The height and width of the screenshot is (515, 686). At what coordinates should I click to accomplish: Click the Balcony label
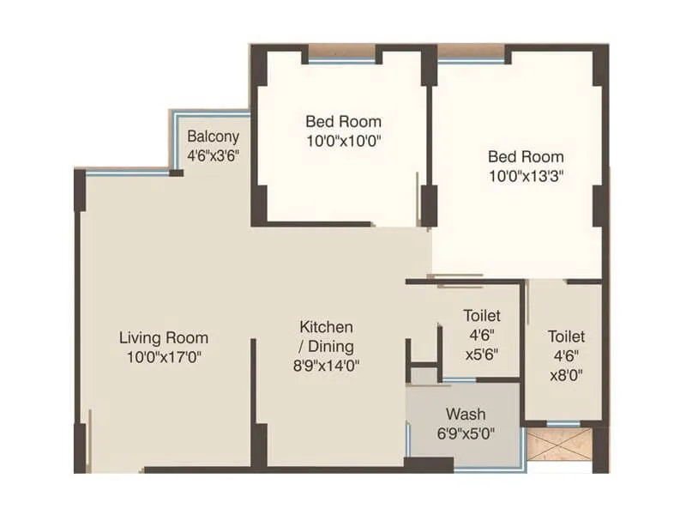click(214, 136)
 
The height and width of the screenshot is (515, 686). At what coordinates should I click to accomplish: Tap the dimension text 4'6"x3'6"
click(214, 155)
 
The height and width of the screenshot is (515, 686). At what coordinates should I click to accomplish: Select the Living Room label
click(164, 337)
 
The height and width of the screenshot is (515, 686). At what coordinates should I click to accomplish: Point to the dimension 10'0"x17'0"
click(164, 356)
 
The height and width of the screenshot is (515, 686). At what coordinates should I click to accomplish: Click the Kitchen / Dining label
click(326, 336)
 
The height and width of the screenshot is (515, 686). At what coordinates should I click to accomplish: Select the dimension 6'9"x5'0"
click(466, 433)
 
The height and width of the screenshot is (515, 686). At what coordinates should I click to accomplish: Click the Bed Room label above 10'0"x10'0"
click(343, 121)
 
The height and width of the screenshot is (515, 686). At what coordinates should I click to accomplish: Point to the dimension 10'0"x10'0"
click(343, 140)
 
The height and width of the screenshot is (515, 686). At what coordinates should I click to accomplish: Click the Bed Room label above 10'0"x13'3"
click(526, 156)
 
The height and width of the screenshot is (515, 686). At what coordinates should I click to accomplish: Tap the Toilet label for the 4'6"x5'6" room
click(481, 317)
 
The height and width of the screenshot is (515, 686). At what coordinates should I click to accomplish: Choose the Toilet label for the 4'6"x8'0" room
click(566, 337)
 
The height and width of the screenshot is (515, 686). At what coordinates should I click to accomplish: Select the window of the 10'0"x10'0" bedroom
click(341, 57)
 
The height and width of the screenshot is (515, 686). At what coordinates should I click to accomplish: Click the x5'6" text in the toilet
click(481, 354)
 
